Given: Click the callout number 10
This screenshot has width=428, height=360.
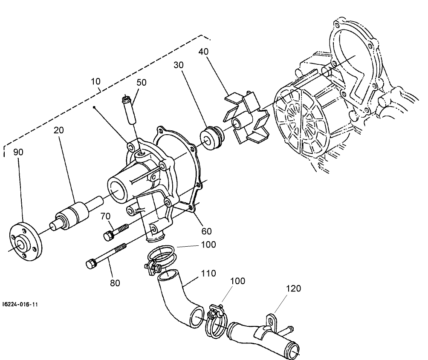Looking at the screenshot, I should pos(95,81).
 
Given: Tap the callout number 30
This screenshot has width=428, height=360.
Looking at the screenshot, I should pos(179,65).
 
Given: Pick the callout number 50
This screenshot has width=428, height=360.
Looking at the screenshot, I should pos(141,82).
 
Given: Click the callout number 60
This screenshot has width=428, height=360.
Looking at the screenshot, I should pos(206,231).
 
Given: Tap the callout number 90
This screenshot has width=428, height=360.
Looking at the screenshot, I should pos(18,152).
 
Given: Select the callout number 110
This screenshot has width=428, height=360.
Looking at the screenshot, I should pos(209,274).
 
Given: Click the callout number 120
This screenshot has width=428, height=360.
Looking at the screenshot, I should pos(294,289).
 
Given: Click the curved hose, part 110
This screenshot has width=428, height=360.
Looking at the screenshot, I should pos(179,298).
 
